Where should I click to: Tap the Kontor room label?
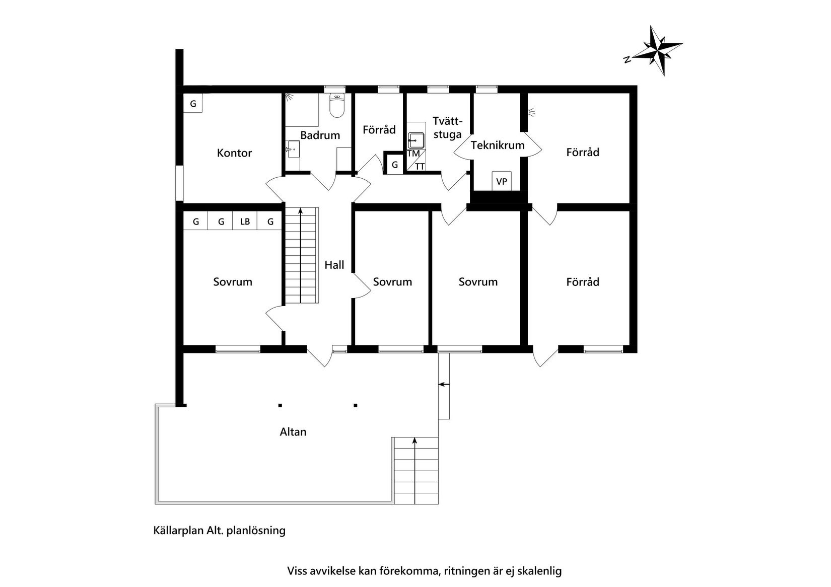click(x=234, y=153)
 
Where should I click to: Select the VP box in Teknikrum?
click(x=502, y=181)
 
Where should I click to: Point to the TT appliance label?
click(x=420, y=167)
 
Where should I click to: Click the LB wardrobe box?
click(x=245, y=222)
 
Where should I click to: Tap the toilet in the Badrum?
click(x=336, y=106)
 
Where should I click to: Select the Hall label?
click(x=334, y=265)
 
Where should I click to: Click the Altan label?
click(x=293, y=432)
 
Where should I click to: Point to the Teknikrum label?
click(x=498, y=145)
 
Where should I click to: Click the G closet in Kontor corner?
click(x=193, y=104)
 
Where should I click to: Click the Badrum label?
click(x=320, y=135)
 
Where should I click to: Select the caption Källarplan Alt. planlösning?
click(x=219, y=530)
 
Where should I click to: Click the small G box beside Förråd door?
click(x=395, y=165)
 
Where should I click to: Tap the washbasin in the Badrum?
click(x=293, y=150)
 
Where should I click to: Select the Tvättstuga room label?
click(x=447, y=127)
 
